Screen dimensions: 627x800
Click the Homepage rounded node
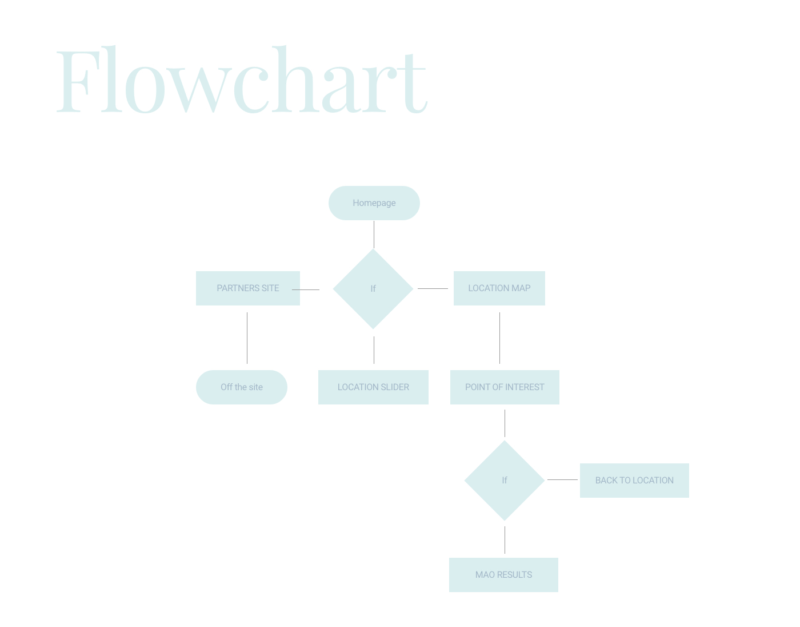click(374, 203)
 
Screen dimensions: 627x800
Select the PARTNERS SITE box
click(247, 288)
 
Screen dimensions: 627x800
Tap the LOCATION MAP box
click(499, 288)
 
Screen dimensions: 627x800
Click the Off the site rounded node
click(241, 387)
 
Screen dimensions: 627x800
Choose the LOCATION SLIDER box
click(373, 387)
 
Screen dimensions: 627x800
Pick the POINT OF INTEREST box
click(505, 387)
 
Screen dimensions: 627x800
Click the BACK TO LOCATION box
click(634, 481)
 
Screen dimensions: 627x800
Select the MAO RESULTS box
click(503, 575)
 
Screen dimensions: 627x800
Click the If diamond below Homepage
click(373, 289)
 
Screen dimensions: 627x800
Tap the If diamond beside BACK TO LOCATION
click(505, 481)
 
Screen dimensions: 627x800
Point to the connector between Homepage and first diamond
click(374, 235)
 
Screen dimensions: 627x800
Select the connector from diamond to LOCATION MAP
click(433, 288)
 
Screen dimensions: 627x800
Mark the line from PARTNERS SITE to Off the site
click(247, 338)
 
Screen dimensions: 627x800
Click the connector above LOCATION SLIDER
click(374, 350)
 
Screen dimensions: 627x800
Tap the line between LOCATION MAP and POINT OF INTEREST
click(499, 338)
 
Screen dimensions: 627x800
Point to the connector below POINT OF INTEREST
click(505, 423)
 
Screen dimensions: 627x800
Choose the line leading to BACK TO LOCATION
click(562, 479)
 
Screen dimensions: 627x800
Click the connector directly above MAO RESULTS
click(505, 539)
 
